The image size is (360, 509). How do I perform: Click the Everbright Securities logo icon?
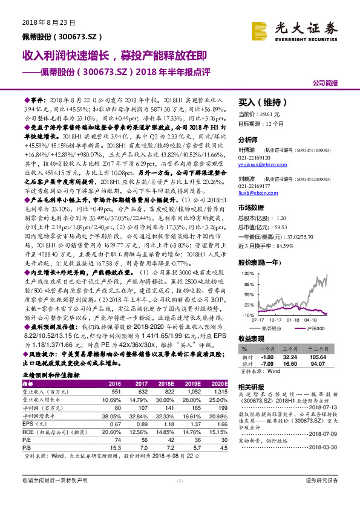261,30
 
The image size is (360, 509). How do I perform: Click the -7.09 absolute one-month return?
267,363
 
